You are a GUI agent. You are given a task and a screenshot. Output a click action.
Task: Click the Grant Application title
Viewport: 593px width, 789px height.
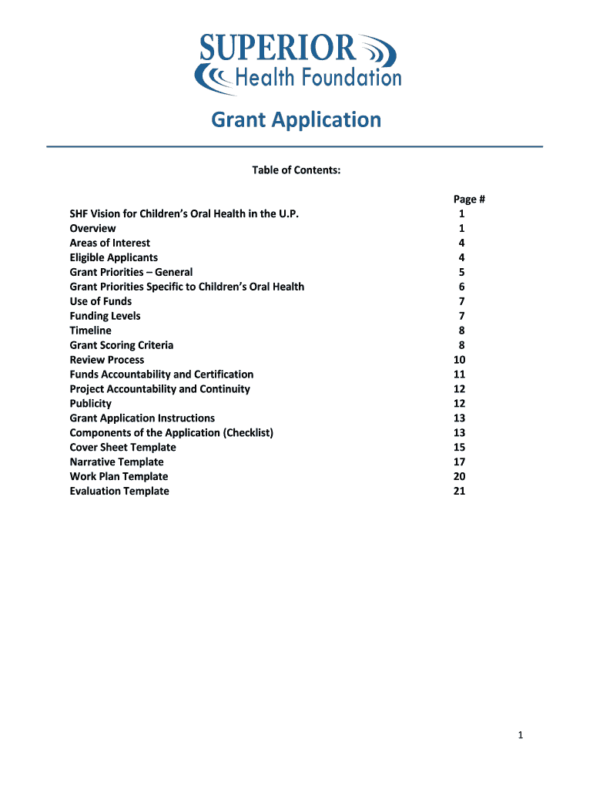coord(296,120)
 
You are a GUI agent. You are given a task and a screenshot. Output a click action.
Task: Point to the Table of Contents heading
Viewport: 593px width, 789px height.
coord(296,170)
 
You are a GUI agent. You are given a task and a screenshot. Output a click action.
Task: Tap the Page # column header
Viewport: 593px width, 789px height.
coord(468,200)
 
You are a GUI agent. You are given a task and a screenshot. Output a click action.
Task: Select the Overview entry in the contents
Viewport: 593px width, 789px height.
coord(92,228)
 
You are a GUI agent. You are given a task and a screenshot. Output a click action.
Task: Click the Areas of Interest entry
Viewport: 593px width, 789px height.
coord(109,243)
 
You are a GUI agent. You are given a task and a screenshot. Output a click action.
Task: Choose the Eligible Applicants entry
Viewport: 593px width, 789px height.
coord(113,257)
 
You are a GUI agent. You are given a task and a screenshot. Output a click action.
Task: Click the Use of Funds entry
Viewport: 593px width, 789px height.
coord(100,301)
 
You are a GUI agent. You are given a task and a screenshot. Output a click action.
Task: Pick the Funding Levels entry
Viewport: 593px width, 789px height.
coord(105,316)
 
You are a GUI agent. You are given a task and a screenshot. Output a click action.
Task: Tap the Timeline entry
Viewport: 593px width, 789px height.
coord(90,331)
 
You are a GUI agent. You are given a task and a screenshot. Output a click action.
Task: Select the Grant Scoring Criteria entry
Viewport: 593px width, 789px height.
coord(121,345)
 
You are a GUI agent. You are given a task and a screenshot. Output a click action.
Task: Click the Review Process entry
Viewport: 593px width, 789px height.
coord(106,360)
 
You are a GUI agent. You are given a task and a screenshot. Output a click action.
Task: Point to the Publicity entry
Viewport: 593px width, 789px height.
coord(90,404)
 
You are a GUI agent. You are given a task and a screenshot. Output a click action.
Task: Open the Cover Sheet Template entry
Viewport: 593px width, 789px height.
coord(122,448)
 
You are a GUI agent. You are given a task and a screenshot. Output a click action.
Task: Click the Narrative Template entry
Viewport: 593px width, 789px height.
coord(116,462)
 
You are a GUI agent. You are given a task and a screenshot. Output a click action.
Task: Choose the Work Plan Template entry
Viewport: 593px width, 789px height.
coord(119,477)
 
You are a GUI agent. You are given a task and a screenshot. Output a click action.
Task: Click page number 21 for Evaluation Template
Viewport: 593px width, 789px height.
coord(460,492)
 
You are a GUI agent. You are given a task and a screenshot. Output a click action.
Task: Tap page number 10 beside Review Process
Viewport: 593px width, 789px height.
coord(460,360)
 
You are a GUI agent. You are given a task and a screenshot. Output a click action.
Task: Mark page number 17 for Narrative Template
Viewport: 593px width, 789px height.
coord(460,462)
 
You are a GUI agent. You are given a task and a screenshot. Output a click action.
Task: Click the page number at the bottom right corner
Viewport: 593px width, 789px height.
coord(521,736)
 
